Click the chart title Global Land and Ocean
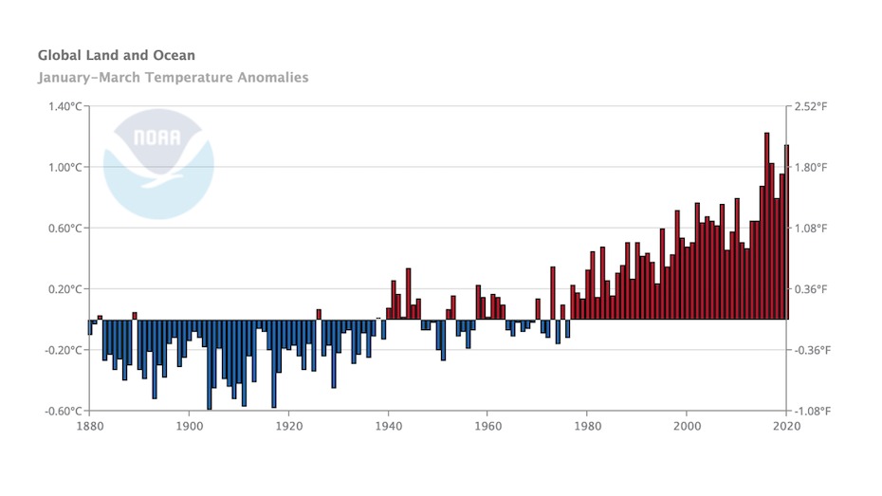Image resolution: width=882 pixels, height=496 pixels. click(116, 56)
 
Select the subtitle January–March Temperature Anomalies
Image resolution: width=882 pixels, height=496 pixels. click(173, 78)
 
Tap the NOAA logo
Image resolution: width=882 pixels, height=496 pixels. click(158, 163)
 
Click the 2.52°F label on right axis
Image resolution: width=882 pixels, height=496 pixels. click(811, 106)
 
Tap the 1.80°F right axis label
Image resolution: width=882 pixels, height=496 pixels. click(811, 167)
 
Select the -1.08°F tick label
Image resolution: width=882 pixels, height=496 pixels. click(813, 411)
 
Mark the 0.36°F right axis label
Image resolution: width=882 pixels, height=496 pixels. click(811, 289)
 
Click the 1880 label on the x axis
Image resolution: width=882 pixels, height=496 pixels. click(90, 426)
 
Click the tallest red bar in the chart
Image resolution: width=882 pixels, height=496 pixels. click(766, 228)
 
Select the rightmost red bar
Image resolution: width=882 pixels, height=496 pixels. click(786, 232)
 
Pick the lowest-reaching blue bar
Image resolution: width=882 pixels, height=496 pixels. click(209, 365)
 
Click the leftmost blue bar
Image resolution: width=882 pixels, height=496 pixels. click(90, 327)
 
